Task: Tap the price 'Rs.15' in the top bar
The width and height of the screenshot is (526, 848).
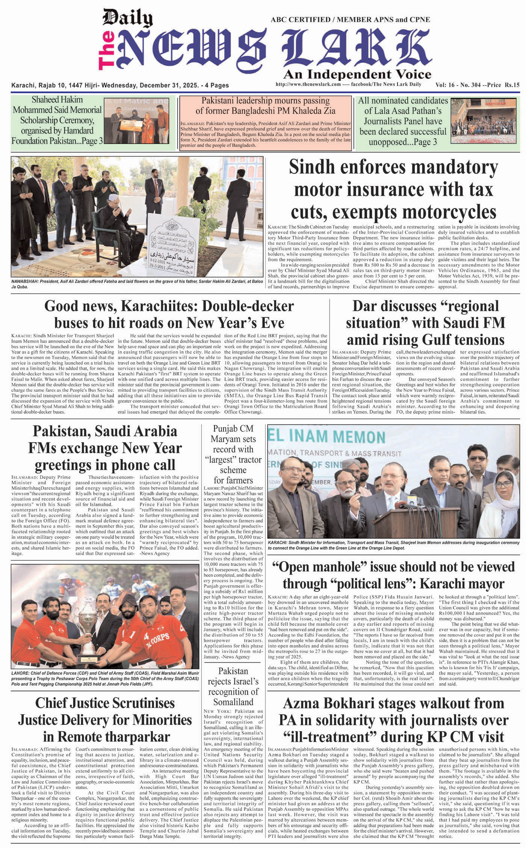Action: [512, 85]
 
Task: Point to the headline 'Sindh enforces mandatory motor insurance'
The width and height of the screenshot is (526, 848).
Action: [393, 189]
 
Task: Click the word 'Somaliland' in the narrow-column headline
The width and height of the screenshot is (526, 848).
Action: [234, 702]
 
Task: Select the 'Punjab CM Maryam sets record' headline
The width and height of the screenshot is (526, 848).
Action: [233, 454]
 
